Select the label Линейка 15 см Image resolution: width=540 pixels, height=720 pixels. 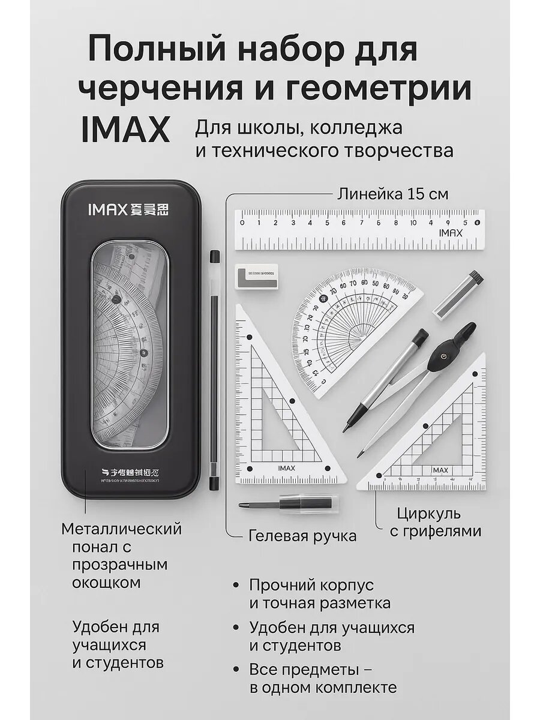pyautogui.click(x=392, y=194)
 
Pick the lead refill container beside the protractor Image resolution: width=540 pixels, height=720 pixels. pyautogui.click(x=459, y=295)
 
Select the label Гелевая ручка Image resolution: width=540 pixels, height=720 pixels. pyautogui.click(x=302, y=536)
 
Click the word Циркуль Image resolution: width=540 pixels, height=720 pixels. pyautogui.click(x=428, y=514)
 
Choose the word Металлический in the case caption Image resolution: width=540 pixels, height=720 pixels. pyautogui.click(x=122, y=529)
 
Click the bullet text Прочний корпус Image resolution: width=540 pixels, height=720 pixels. pyautogui.click(x=311, y=585)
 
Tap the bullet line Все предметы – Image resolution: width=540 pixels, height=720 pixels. pyautogui.click(x=312, y=669)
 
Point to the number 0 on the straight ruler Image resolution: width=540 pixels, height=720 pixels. pyautogui.click(x=241, y=223)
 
